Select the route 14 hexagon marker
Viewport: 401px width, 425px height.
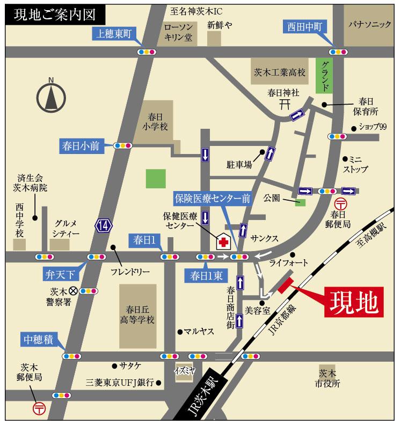pos(104,226)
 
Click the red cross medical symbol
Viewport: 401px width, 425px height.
pos(223,241)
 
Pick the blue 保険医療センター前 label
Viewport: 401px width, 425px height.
pos(213,197)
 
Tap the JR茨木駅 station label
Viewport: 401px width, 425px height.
pos(206,394)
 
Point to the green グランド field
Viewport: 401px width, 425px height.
pos(325,76)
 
